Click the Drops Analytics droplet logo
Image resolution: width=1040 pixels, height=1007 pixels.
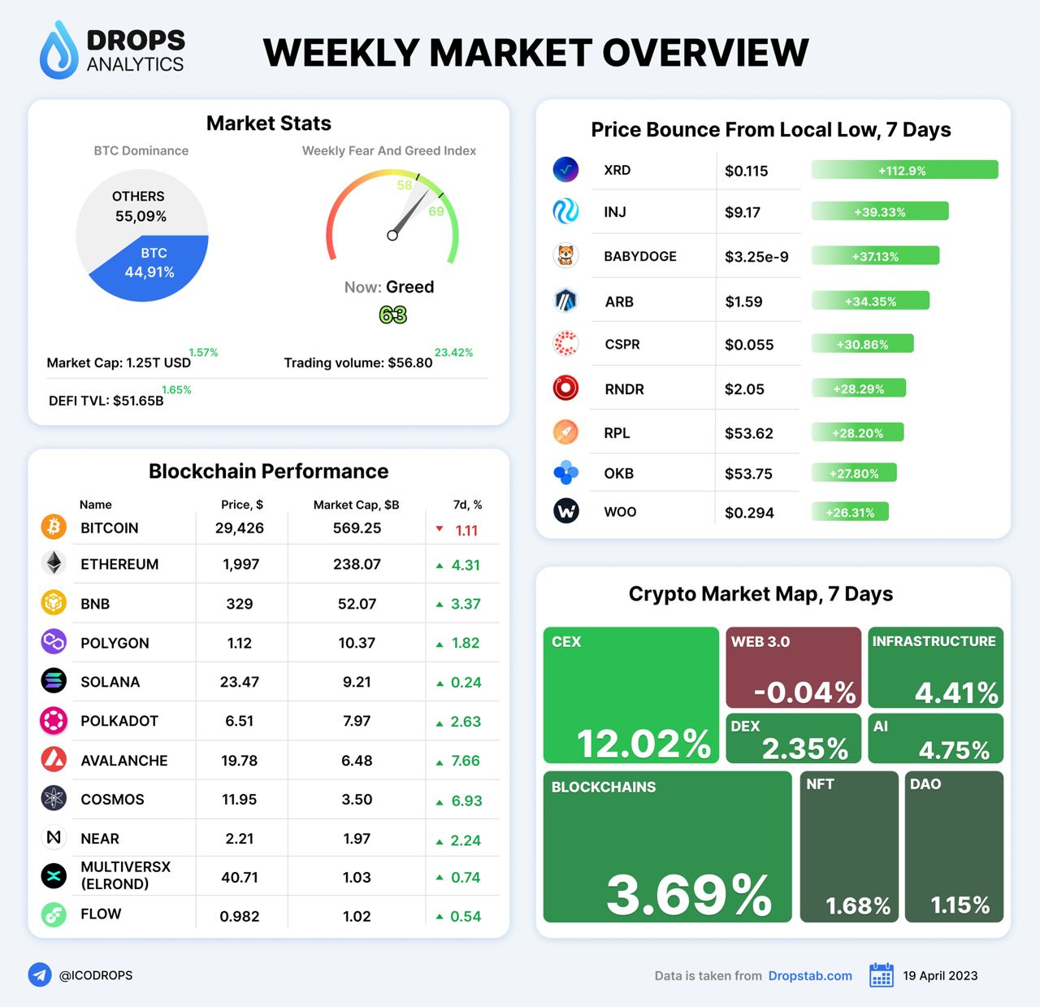58,50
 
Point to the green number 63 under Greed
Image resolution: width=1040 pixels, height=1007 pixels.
392,315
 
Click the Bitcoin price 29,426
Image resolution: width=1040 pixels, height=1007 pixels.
240,528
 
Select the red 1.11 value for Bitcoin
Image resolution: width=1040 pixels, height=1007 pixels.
466,530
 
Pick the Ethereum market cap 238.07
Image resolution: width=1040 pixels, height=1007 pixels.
357,564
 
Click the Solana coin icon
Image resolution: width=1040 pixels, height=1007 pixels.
54,681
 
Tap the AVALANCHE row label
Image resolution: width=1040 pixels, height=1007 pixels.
124,761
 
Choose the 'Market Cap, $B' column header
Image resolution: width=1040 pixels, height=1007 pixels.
356,505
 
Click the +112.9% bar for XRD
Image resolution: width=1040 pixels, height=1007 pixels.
903,170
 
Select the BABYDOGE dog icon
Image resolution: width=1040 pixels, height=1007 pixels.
565,256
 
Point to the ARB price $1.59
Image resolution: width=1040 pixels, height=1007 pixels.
743,302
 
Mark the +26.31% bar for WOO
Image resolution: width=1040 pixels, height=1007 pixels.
850,512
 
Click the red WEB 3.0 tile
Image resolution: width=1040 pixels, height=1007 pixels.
792,667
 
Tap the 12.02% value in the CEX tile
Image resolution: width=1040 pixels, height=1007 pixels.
643,744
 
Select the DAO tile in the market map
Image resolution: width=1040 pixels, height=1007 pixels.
953,846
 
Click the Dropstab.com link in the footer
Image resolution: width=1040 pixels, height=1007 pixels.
810,975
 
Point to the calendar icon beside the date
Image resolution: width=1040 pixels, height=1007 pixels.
881,975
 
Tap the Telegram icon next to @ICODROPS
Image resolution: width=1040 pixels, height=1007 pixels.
40,974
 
